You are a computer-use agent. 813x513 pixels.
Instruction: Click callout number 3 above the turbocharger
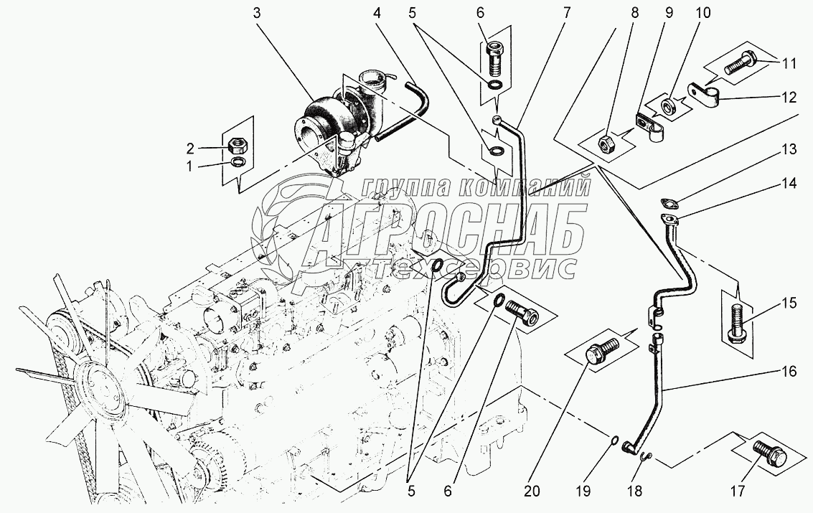point(257,14)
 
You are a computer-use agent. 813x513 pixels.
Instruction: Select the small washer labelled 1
point(239,161)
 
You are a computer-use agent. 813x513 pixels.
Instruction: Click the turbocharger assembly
point(345,124)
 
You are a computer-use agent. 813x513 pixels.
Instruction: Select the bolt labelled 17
point(769,454)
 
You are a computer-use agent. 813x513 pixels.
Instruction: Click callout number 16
point(789,372)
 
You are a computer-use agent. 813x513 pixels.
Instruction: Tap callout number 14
point(789,184)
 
